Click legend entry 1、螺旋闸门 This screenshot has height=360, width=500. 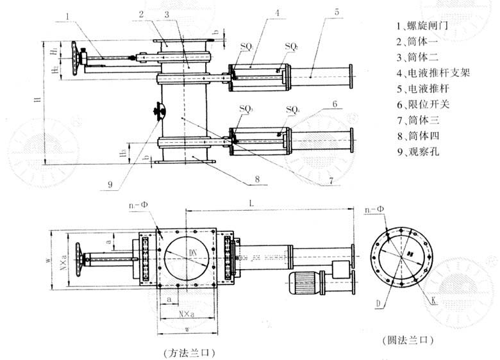tap(423, 26)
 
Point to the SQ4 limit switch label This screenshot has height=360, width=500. tap(293, 110)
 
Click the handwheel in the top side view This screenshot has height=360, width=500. tap(79, 59)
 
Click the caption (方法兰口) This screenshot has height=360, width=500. tap(187, 352)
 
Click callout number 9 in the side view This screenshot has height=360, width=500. tap(110, 184)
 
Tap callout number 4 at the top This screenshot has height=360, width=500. tap(276, 11)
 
